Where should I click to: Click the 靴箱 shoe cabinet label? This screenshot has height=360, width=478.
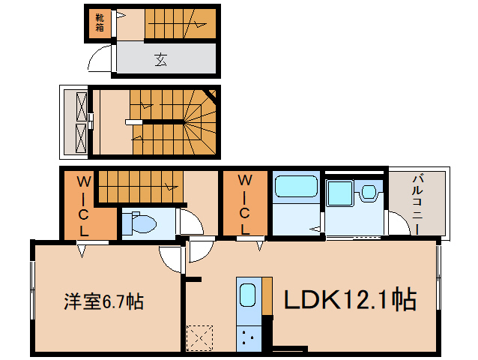pos(100,22)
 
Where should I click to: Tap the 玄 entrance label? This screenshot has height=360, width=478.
pos(161,59)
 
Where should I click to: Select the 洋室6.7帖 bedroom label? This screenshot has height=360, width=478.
pos(103,301)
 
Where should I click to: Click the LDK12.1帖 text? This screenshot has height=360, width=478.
pos(351,299)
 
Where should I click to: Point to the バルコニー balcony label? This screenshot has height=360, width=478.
pos(417,204)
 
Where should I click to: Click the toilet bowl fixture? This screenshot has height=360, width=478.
pos(140,223)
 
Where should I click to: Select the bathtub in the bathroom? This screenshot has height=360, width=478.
pos(296,186)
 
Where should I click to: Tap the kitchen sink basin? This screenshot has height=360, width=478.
pos(247,295)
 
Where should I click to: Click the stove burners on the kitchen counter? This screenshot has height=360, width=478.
pos(248,337)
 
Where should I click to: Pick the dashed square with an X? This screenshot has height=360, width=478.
pos(200,338)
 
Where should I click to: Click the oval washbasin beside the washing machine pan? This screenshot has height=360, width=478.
pos(369,193)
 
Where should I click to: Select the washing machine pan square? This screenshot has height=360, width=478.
pos(340,193)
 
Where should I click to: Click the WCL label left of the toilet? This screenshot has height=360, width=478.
pos(83,206)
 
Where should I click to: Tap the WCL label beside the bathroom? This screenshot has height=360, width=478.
pos(244,204)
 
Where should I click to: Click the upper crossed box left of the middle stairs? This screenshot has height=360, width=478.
pos(82,106)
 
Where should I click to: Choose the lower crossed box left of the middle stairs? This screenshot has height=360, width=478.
pos(82,138)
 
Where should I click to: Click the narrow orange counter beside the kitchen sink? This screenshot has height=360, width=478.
pos(267,296)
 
